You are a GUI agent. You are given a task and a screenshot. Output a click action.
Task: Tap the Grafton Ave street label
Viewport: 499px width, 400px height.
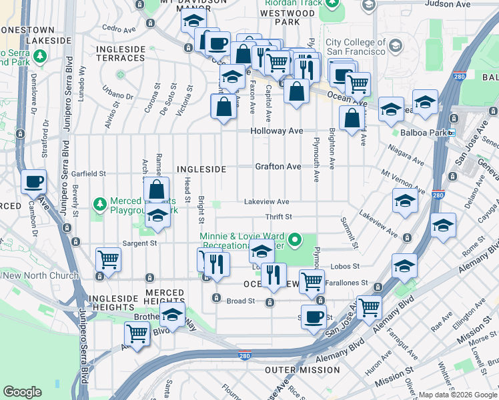click(x=278, y=166)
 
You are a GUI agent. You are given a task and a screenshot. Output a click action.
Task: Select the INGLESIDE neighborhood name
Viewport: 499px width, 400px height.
click(x=201, y=169)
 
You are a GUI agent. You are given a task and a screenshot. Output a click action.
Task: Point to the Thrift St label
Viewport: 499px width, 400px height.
click(x=278, y=217)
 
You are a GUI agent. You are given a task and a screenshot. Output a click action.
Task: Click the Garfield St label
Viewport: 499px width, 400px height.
click(x=89, y=173)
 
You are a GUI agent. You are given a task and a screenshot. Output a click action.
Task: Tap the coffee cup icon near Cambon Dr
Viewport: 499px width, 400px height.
click(x=33, y=181)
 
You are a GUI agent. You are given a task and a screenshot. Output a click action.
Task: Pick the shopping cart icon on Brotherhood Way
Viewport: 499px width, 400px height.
click(x=137, y=332)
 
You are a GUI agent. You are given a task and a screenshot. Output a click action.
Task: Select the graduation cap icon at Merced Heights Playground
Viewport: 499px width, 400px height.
click(x=157, y=216)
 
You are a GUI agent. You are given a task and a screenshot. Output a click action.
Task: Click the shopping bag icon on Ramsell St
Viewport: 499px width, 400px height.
click(x=156, y=189)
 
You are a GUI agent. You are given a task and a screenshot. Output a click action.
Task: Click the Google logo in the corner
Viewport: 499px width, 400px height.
click(x=22, y=392)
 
